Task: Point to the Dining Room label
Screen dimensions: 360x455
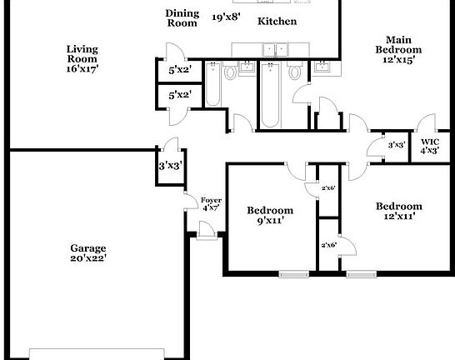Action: coord(182,17)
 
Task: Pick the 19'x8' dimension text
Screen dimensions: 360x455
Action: coord(225,17)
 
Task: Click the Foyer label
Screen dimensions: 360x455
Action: coord(210,200)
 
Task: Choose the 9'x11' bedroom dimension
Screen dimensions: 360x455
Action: coord(270,221)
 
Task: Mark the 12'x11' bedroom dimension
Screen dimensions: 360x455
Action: coord(398,217)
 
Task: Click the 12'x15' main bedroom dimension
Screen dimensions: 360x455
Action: coord(398,59)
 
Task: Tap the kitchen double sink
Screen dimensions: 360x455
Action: coord(274,50)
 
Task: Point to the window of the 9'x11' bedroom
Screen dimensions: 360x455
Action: coord(293,273)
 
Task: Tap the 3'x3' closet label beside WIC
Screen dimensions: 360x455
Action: coord(397,146)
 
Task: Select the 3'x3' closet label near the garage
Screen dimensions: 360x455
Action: coord(171,167)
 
